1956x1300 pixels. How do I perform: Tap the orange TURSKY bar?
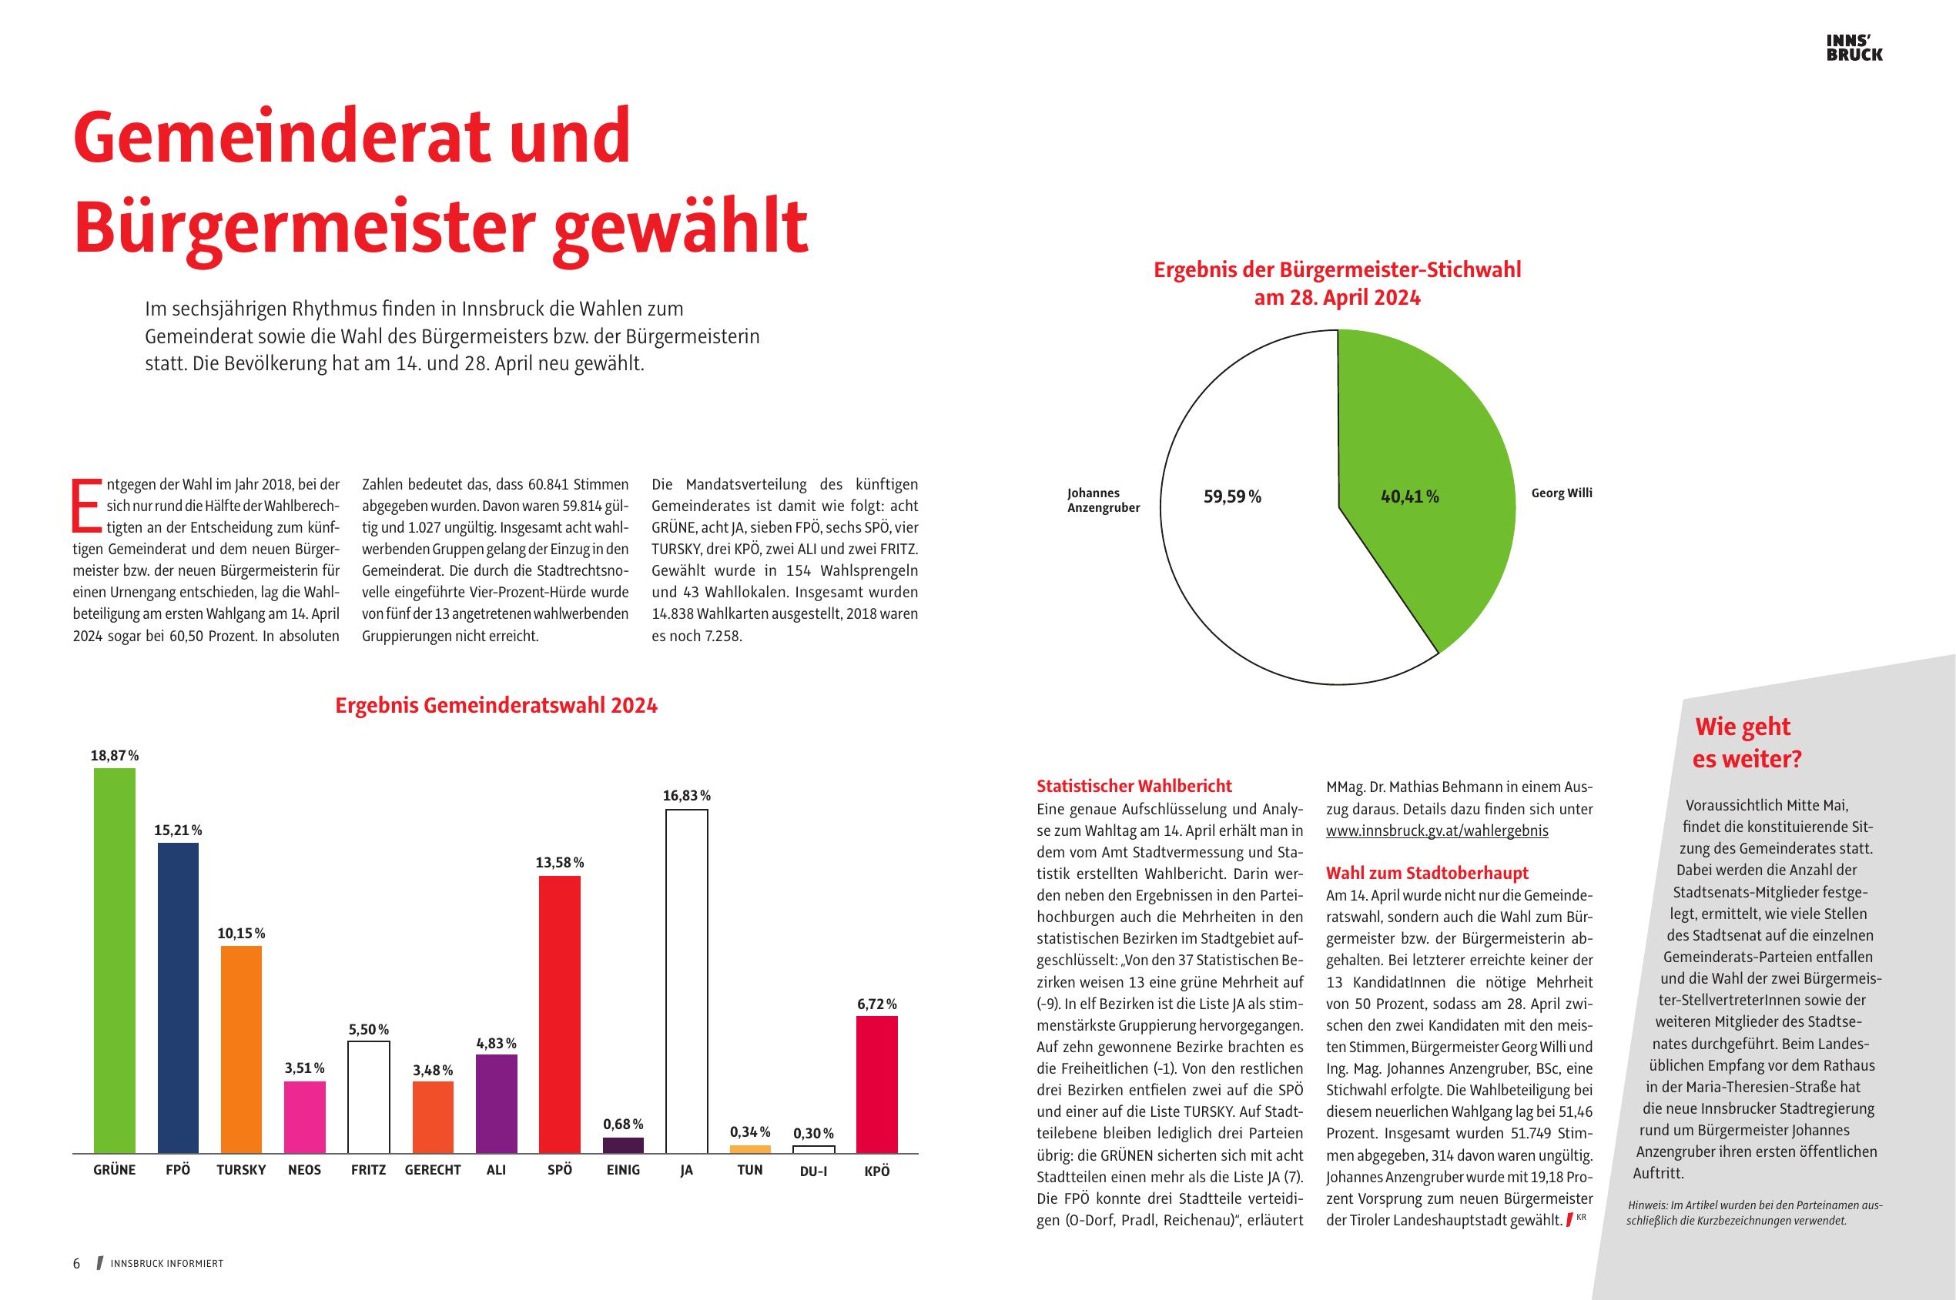[x=241, y=1049]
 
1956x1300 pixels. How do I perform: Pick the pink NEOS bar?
[x=304, y=1117]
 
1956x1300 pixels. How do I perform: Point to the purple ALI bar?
[x=496, y=1104]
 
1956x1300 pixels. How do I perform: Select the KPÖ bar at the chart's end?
[x=877, y=1084]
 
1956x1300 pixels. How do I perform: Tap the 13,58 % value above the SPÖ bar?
[x=560, y=863]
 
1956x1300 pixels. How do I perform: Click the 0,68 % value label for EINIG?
[x=623, y=1125]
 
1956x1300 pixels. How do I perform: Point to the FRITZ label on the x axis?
[x=368, y=1171]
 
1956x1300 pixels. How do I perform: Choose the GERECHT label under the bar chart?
[x=432, y=1171]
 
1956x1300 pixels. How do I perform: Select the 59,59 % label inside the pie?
[x=1232, y=497]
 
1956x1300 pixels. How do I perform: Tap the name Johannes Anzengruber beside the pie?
[x=1104, y=501]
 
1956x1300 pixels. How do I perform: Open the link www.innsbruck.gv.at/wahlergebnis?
[x=1437, y=830]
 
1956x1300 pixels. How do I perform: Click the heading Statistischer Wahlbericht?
[x=1134, y=786]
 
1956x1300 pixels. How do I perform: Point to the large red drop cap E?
[x=87, y=505]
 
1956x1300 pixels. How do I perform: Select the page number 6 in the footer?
[x=76, y=1264]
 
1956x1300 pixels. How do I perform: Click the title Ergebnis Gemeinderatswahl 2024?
[x=496, y=706]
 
